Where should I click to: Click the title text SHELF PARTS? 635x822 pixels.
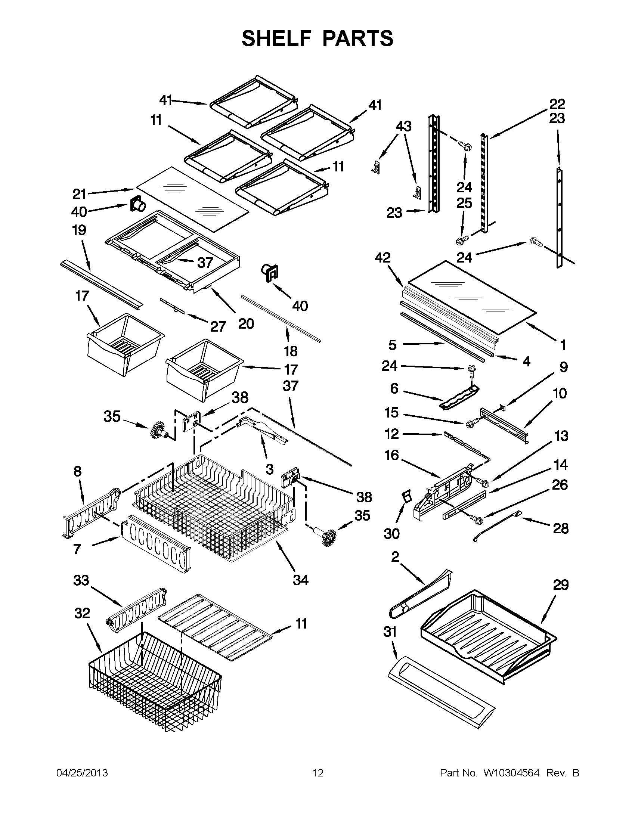click(x=317, y=39)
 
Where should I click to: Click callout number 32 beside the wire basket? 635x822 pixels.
click(x=82, y=613)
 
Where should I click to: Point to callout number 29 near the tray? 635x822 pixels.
click(x=560, y=585)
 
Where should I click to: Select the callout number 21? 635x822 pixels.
click(x=80, y=195)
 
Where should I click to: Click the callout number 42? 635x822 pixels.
click(x=383, y=258)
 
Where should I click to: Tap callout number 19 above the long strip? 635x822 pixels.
click(x=79, y=230)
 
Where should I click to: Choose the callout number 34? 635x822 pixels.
click(x=301, y=580)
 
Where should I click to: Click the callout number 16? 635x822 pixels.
click(x=391, y=455)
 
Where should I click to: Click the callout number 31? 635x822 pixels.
click(x=390, y=632)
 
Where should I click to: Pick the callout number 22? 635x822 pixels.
click(x=557, y=103)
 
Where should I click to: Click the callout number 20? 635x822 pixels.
click(x=246, y=323)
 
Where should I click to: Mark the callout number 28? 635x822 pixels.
click(x=560, y=528)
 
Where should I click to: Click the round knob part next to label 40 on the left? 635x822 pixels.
click(x=138, y=205)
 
